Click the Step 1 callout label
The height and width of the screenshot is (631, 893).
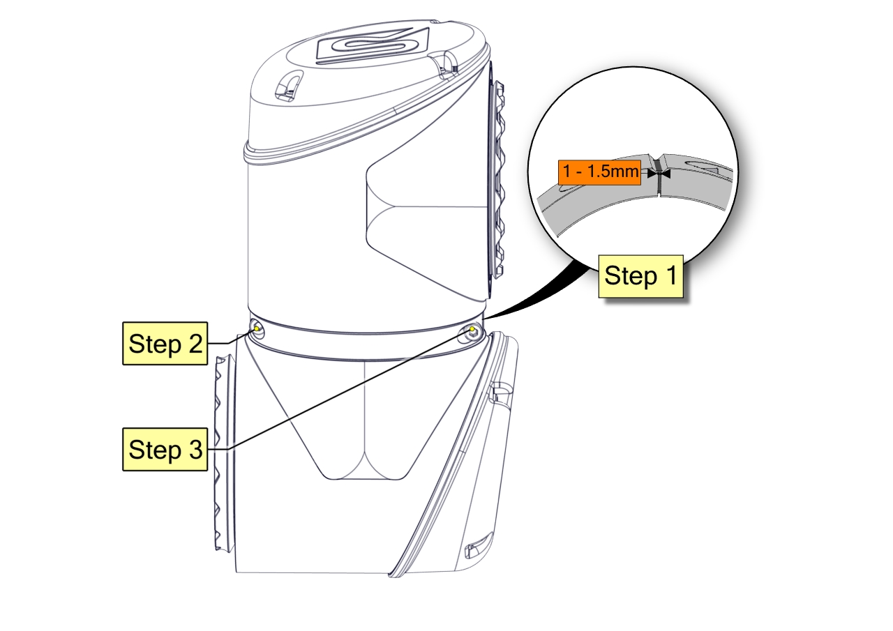pos(640,275)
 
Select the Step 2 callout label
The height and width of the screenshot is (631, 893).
pos(165,343)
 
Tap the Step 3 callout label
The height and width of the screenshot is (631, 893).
pos(165,450)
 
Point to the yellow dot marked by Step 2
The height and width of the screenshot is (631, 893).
pos(258,328)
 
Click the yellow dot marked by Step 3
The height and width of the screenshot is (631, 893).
pos(472,329)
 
